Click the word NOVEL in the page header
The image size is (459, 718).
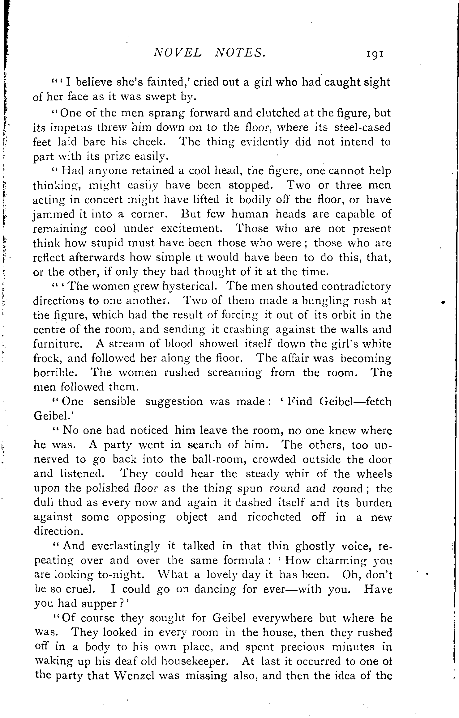click(177, 54)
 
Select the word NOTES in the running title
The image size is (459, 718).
click(240, 54)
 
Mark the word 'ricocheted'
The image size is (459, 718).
click(274, 517)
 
